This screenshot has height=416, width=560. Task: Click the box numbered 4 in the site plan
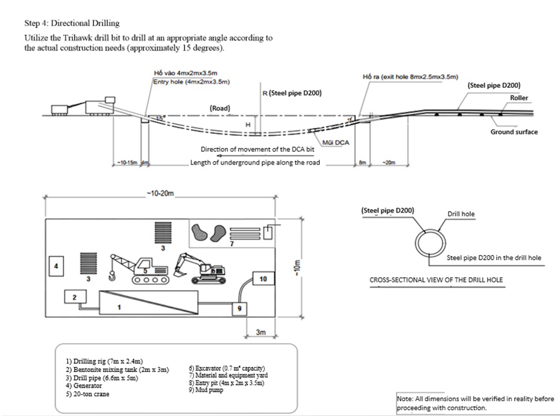coord(57,265)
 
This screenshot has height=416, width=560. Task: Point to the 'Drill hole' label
coord(460,214)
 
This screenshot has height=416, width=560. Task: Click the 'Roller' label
coord(519,98)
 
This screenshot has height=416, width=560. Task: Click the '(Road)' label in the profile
coord(220,108)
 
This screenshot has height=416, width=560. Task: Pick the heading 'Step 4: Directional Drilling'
coord(72,23)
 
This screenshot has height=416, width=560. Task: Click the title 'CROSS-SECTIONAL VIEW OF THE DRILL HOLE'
coord(436,280)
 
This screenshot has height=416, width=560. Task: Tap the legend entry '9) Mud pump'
coord(211,390)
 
